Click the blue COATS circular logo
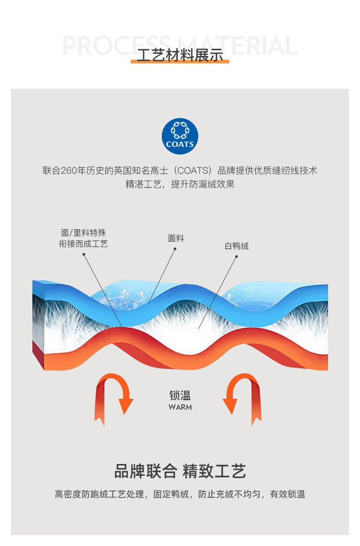[180, 136]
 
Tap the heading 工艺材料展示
[180, 55]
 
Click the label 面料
[176, 238]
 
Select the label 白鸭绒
[237, 246]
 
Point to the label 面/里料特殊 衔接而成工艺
[83, 238]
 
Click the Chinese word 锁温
[180, 395]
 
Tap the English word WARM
[180, 407]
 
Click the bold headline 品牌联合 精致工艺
[180, 471]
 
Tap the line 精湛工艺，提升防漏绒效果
[180, 185]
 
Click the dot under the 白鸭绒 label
[237, 257]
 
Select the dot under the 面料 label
[175, 249]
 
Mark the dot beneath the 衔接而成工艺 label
[84, 254]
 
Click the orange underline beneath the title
[180, 62]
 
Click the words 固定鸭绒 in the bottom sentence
[171, 494]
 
